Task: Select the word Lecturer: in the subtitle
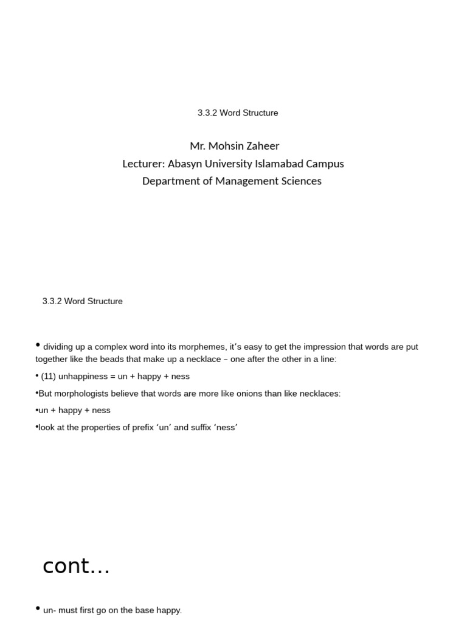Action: click(x=144, y=164)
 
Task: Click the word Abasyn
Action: click(x=185, y=164)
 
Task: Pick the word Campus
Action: click(x=327, y=164)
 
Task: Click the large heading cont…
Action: click(x=76, y=566)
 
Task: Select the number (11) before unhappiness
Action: click(x=48, y=377)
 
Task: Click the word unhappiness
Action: click(x=83, y=377)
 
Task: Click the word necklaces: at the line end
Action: click(x=319, y=394)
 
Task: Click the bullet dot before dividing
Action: click(x=38, y=346)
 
